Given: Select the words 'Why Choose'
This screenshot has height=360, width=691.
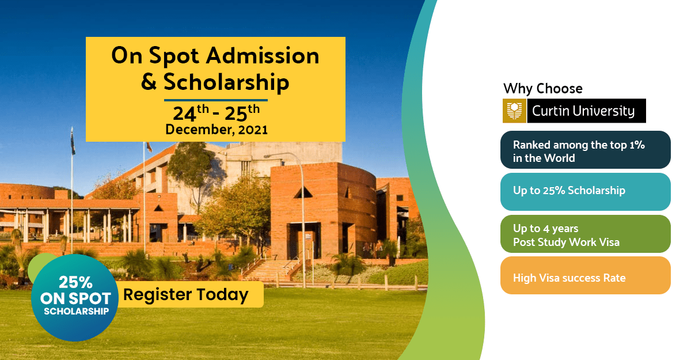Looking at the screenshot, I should (x=542, y=89).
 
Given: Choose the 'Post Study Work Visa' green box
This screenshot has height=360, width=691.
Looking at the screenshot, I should (x=585, y=234).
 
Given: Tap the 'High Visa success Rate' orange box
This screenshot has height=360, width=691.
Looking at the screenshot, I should (x=585, y=277).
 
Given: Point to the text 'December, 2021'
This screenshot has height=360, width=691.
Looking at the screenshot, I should (x=217, y=130).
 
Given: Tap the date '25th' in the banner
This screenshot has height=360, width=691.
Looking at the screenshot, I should (x=242, y=111).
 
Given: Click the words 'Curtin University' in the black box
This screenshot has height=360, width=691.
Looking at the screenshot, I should (x=583, y=111).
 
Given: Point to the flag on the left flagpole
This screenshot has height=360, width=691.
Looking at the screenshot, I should (x=73, y=144).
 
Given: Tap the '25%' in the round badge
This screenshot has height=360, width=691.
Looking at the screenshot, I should (x=75, y=283).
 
